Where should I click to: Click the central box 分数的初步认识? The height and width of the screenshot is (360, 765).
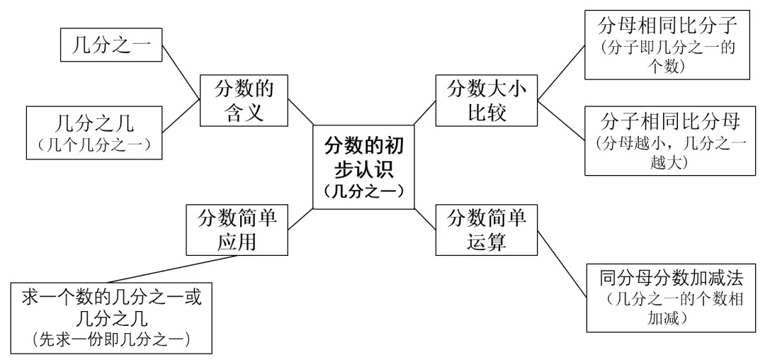coord(363,167)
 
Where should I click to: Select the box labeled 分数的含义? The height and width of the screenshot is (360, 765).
coord(244,101)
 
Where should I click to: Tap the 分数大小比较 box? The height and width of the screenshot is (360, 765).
coord(487,101)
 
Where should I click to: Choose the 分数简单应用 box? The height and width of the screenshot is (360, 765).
coord(237,230)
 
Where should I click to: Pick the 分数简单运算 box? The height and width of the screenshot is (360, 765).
coord(487,230)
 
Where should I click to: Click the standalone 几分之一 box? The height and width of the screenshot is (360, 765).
coord(111,45)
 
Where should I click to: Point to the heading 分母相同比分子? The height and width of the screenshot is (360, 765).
coord(667,26)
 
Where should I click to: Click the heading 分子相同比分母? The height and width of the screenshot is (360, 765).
coord(670,122)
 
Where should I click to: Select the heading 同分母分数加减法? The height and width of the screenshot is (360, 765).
coord(671,279)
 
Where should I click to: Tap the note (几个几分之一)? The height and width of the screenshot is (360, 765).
coord(94,145)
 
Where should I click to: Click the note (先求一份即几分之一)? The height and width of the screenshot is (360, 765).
coord(111,339)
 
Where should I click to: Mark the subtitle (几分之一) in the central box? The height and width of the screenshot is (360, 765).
coord(363,191)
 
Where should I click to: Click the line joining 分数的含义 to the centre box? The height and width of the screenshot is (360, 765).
coord(300,112)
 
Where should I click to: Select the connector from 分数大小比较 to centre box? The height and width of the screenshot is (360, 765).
coord(425,112)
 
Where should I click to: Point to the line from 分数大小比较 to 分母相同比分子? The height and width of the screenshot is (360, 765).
coord(561,73)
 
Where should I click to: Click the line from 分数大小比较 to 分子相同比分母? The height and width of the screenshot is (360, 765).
coord(561,120)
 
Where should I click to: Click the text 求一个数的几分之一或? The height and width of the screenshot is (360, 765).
coord(112,297)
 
